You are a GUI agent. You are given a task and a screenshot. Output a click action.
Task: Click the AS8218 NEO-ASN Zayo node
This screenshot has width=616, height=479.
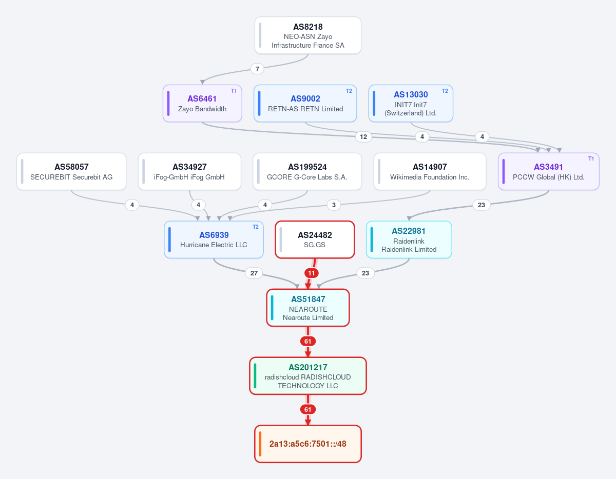click(308, 35)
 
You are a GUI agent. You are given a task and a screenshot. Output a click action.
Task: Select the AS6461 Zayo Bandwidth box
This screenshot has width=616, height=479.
click(202, 103)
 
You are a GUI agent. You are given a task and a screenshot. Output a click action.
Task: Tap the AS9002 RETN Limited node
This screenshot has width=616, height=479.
click(305, 103)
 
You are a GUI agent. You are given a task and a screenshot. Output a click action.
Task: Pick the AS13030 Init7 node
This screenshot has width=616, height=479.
click(411, 103)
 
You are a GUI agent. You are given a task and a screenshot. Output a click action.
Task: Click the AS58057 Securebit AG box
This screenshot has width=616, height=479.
click(71, 172)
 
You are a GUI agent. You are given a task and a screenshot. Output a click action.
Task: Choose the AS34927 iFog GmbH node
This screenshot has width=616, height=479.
click(189, 172)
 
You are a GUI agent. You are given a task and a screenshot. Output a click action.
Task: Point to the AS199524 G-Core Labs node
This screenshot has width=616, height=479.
click(307, 172)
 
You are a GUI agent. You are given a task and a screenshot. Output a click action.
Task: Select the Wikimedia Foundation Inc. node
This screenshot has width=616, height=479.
click(430, 172)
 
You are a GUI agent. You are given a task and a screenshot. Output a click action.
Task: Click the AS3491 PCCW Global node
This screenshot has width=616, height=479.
click(549, 172)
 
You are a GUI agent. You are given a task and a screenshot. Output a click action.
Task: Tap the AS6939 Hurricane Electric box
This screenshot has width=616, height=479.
click(214, 239)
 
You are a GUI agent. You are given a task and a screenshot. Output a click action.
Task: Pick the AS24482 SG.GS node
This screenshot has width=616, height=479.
click(315, 239)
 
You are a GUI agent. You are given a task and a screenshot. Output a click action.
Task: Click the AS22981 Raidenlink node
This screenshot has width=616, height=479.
click(409, 239)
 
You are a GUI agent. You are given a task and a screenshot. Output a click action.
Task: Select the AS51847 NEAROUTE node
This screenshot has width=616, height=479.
click(308, 308)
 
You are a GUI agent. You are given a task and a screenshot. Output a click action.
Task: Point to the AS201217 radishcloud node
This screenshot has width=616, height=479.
click(308, 376)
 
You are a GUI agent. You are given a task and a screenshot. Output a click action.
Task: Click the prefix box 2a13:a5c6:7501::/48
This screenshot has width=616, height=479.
click(308, 444)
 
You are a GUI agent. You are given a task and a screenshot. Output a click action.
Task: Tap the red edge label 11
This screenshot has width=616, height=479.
click(312, 273)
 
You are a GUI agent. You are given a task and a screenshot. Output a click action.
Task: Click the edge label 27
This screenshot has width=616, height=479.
click(254, 273)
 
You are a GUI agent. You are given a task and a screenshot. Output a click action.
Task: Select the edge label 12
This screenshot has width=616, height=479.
click(363, 137)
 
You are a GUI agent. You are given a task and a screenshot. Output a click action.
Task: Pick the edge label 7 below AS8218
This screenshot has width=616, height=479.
click(257, 69)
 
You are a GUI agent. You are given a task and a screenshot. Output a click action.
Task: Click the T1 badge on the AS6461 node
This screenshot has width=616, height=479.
click(234, 91)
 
